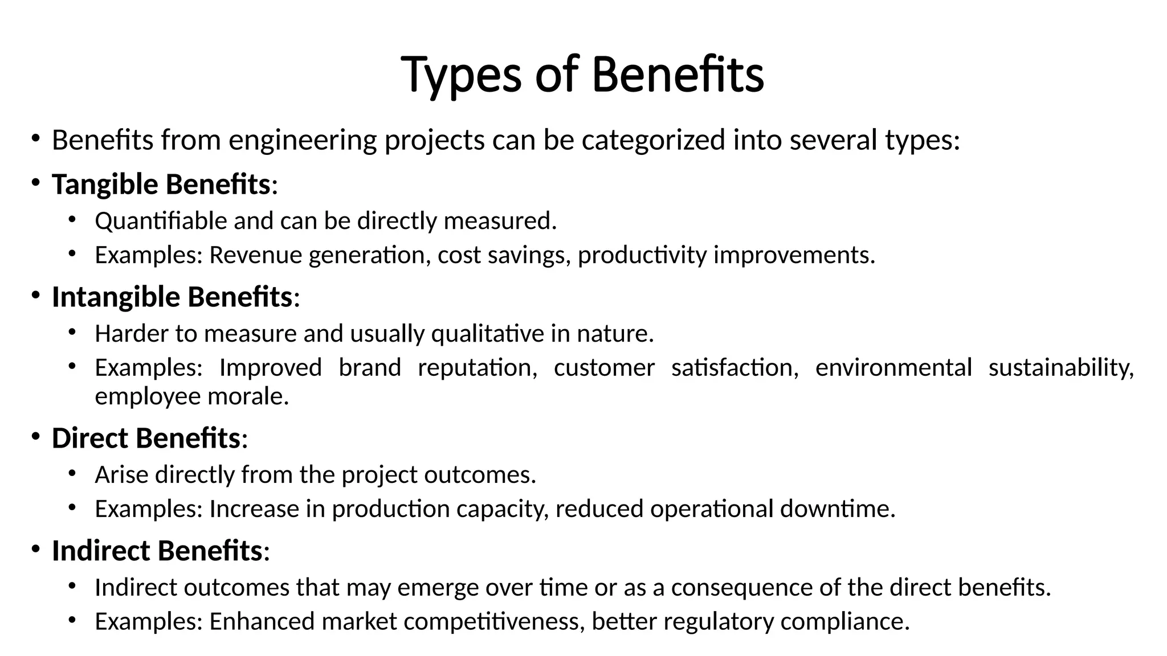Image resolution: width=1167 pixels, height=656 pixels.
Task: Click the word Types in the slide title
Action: coord(461,75)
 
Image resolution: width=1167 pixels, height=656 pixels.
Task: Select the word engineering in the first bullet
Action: coord(303,140)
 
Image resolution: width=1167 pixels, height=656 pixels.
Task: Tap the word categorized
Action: coord(654,140)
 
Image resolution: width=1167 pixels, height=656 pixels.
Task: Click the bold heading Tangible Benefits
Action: coord(161,184)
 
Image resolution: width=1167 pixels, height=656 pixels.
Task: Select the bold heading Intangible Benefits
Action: coord(172,297)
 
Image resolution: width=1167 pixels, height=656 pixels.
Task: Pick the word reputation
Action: coord(477,368)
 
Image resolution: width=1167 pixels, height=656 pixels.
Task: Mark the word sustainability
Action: coord(1060,368)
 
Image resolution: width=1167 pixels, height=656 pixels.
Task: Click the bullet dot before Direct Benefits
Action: coord(35,437)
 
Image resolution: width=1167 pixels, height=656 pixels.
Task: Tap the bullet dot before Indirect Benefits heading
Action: coord(35,550)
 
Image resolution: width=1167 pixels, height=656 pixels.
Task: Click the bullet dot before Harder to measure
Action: coord(72,332)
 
